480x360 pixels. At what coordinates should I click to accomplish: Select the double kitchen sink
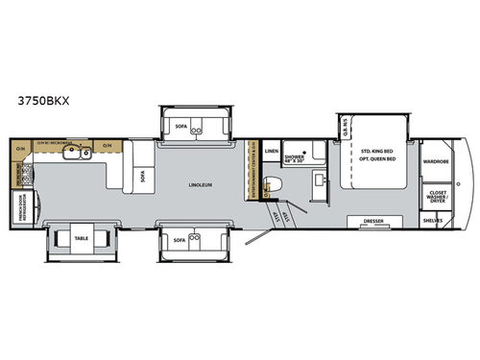click(77, 152)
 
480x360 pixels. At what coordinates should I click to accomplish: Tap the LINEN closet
click(272, 152)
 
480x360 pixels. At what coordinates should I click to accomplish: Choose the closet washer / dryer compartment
click(437, 196)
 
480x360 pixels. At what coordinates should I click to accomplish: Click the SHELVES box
click(437, 220)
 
